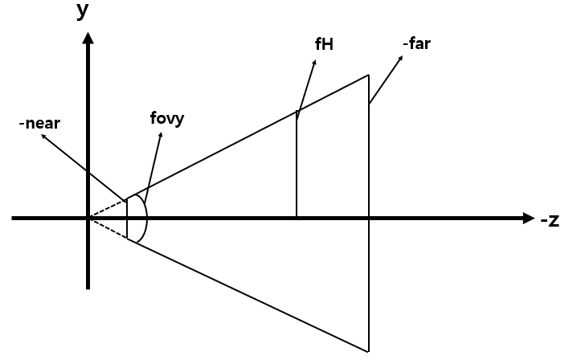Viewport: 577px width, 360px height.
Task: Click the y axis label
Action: click(83, 10)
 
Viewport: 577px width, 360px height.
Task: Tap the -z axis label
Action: click(551, 219)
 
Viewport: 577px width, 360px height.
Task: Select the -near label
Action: click(40, 124)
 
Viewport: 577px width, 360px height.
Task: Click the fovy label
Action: click(167, 119)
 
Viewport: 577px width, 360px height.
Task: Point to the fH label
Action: click(324, 44)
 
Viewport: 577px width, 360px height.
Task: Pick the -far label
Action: click(416, 43)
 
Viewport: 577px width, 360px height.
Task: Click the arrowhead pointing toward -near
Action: click(44, 137)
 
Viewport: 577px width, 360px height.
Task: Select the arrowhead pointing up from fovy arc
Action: click(161, 134)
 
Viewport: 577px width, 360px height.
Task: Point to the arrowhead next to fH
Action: click(313, 61)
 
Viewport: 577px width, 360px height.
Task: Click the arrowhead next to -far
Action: click(399, 58)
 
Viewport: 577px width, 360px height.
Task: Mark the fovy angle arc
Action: click(146, 217)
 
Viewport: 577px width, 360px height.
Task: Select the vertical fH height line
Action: click(297, 169)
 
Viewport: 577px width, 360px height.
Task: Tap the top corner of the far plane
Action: click(368, 76)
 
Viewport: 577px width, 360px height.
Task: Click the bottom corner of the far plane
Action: click(368, 351)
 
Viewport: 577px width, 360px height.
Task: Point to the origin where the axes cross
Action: click(88, 218)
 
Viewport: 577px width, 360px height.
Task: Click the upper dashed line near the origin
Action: click(107, 209)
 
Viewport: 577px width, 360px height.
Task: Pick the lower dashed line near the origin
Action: click(107, 227)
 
